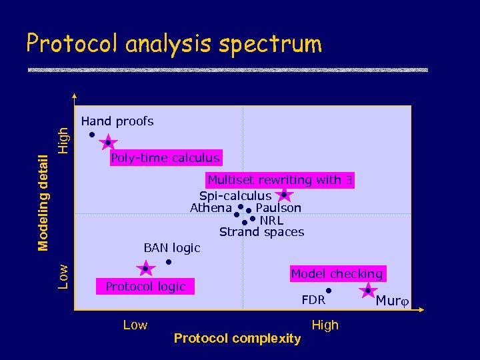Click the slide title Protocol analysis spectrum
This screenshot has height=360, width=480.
[173, 44]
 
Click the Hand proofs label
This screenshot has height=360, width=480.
[117, 121]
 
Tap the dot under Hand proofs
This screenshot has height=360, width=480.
[92, 135]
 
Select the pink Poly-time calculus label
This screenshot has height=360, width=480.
[165, 158]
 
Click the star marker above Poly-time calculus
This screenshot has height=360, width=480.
[108, 143]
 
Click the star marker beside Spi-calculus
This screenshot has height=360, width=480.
[284, 195]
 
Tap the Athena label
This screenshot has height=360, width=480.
[211, 208]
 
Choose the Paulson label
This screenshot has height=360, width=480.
[278, 208]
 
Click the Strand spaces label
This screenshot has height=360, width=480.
[261, 232]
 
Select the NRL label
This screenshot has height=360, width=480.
[271, 220]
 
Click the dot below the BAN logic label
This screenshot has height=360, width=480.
[169, 262]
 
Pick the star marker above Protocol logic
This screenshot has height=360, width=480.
[145, 269]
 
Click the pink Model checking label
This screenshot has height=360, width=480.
[337, 273]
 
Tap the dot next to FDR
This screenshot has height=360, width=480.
[329, 290]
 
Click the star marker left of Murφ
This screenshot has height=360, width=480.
[367, 291]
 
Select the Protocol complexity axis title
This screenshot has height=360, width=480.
[237, 339]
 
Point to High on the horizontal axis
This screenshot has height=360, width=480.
[325, 325]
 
